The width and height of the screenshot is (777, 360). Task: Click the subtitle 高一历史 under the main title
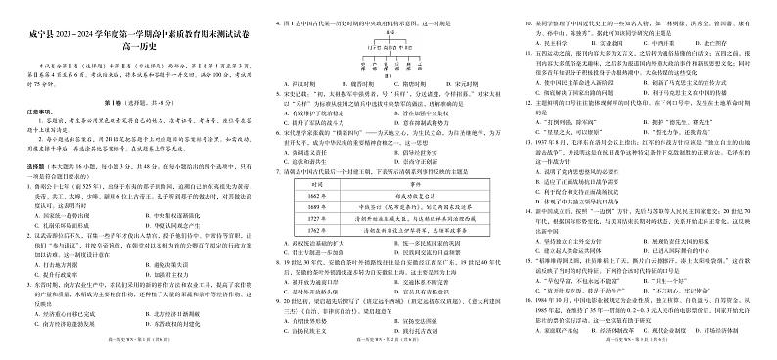[130, 33]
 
